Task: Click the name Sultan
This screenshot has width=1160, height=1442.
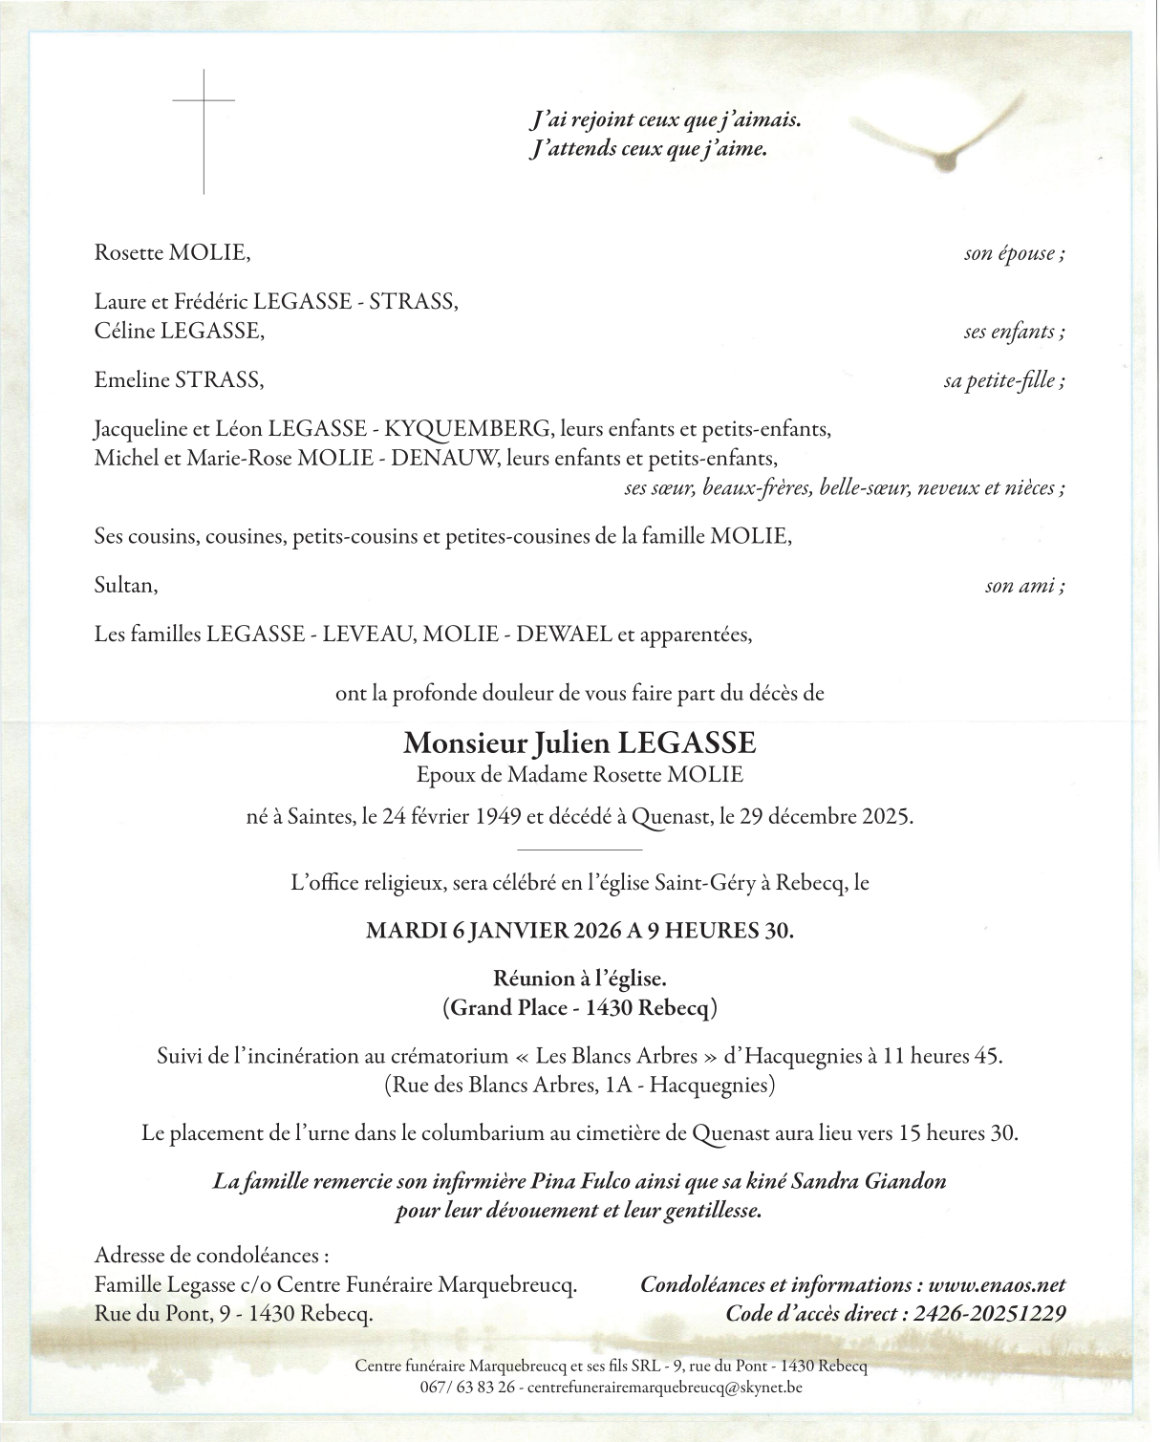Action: (125, 585)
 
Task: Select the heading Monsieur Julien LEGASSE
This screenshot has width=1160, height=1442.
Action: (579, 743)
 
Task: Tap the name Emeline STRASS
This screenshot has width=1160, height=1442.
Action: (179, 380)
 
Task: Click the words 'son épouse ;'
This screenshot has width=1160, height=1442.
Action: (1014, 254)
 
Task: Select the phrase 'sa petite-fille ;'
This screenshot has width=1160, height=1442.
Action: (1003, 381)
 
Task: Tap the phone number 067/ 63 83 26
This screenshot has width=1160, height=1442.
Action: (466, 1386)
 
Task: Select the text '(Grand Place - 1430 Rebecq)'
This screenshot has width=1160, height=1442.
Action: (579, 1007)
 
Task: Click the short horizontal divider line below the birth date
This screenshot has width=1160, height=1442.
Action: (579, 850)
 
